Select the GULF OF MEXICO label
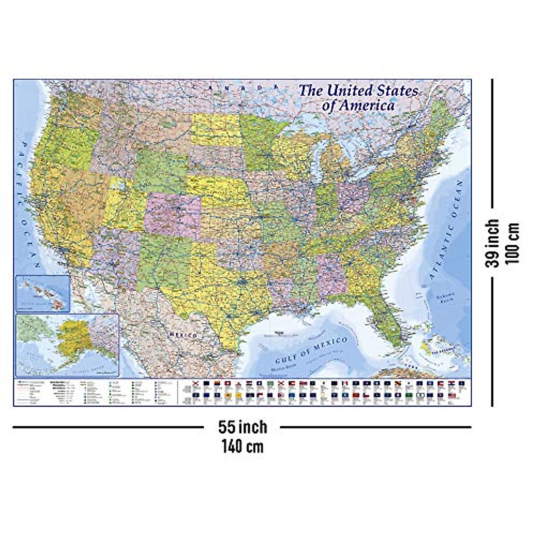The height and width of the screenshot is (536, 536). click(311, 351)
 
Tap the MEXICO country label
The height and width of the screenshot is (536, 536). click(183, 335)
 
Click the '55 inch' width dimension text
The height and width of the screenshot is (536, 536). click(243, 427)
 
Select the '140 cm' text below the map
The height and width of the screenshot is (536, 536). click(243, 446)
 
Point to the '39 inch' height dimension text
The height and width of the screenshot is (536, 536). click(493, 243)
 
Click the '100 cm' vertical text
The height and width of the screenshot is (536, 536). click(513, 243)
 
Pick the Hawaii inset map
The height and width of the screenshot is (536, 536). click(43, 293)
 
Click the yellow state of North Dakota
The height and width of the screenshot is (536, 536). click(217, 129)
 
